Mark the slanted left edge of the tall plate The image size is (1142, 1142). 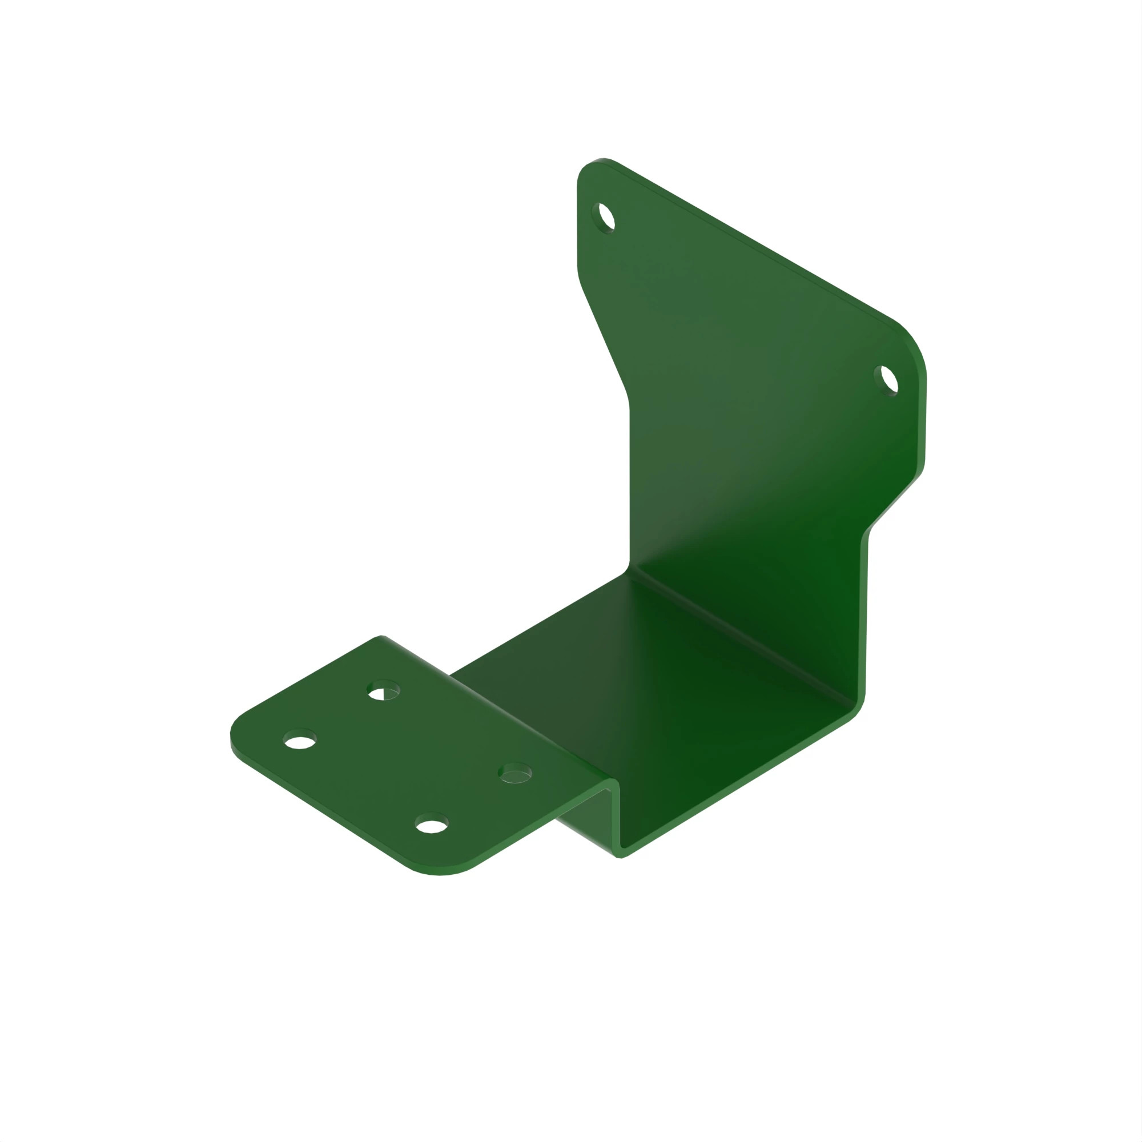point(603,337)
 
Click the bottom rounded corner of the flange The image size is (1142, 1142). point(440,872)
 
